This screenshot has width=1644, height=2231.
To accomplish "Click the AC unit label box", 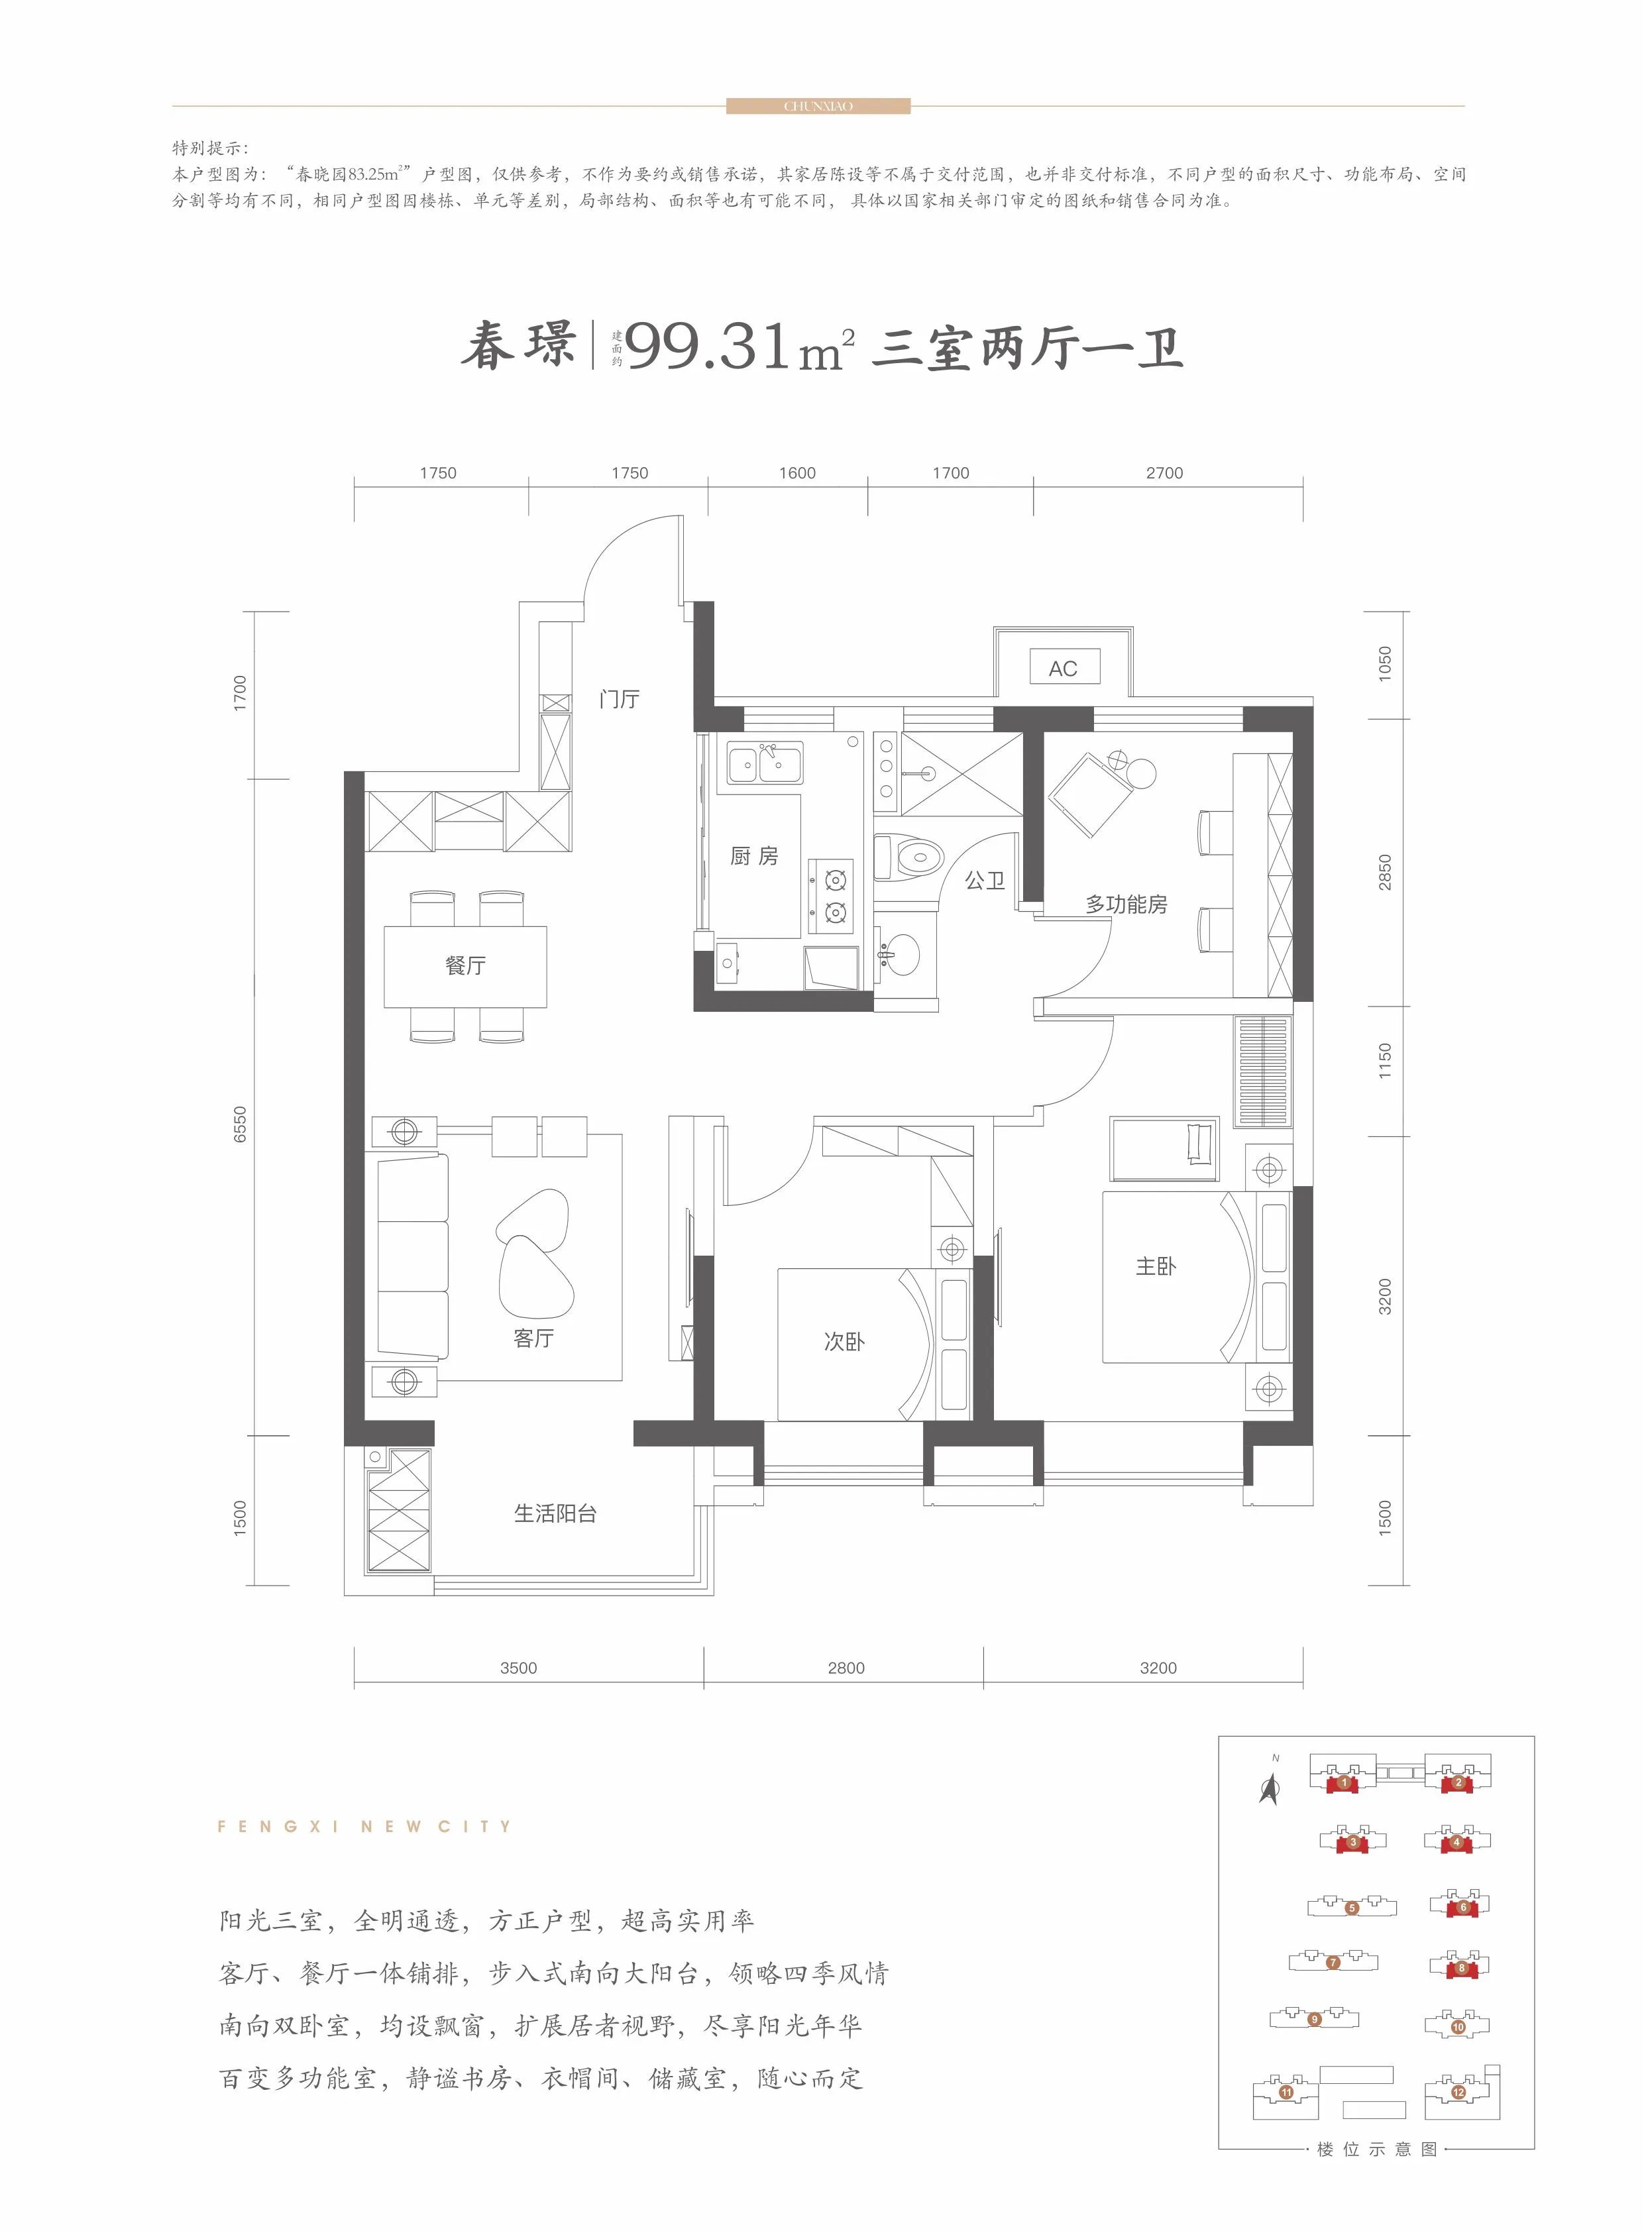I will click(1063, 669).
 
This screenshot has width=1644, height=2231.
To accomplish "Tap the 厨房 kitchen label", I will click(753, 856).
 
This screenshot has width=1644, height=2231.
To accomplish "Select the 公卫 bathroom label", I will click(985, 880).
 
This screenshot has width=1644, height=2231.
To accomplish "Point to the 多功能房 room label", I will click(1126, 904).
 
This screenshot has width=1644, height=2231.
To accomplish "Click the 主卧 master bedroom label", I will click(1156, 1266).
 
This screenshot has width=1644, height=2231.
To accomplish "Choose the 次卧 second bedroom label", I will click(844, 1341).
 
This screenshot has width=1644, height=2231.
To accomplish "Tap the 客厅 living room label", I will click(533, 1338).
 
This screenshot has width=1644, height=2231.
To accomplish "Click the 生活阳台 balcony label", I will click(555, 1513).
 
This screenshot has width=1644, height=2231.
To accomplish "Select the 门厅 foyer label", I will click(619, 700).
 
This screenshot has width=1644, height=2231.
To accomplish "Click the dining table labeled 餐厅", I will click(466, 965).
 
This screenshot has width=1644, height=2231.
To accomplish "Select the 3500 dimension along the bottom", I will click(518, 1668).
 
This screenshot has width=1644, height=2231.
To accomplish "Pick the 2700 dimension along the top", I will click(1164, 472).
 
